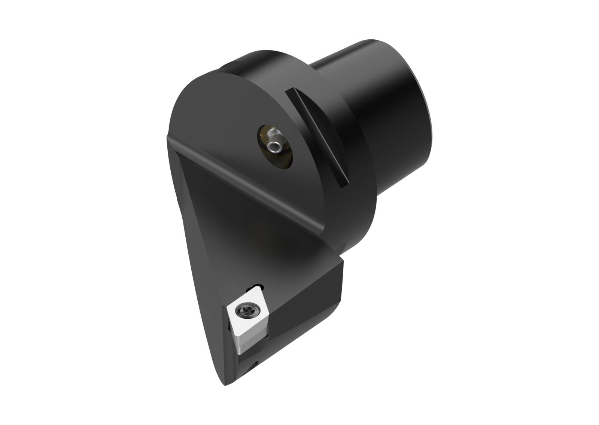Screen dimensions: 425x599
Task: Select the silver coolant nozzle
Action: point(275,143)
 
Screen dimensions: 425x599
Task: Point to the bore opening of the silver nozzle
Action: point(275,149)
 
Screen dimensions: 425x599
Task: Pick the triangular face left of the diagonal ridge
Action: point(202,232)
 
